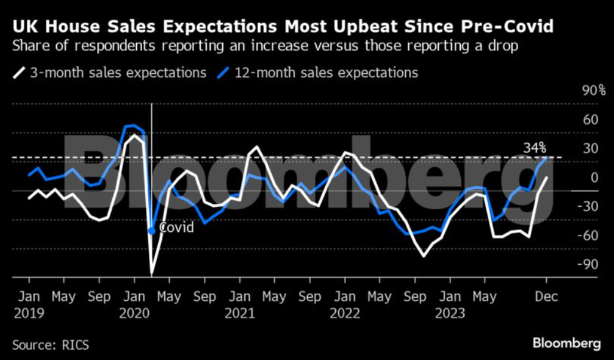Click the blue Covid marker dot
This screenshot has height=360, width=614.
[x=151, y=231]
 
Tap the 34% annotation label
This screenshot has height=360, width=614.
[x=535, y=148]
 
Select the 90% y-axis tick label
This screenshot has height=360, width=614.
[x=593, y=91]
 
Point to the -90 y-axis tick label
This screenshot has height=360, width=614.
[x=590, y=264]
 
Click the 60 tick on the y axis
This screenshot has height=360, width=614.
[x=590, y=119]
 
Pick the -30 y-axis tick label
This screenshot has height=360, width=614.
[x=590, y=206]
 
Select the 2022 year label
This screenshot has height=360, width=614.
[x=347, y=313]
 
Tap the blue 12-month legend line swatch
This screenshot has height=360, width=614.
[x=223, y=73]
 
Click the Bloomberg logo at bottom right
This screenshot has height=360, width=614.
[x=566, y=344]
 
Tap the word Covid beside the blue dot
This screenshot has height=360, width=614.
[x=176, y=228]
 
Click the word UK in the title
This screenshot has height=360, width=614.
[x=24, y=27]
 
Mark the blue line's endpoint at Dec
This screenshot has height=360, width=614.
[x=547, y=158]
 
